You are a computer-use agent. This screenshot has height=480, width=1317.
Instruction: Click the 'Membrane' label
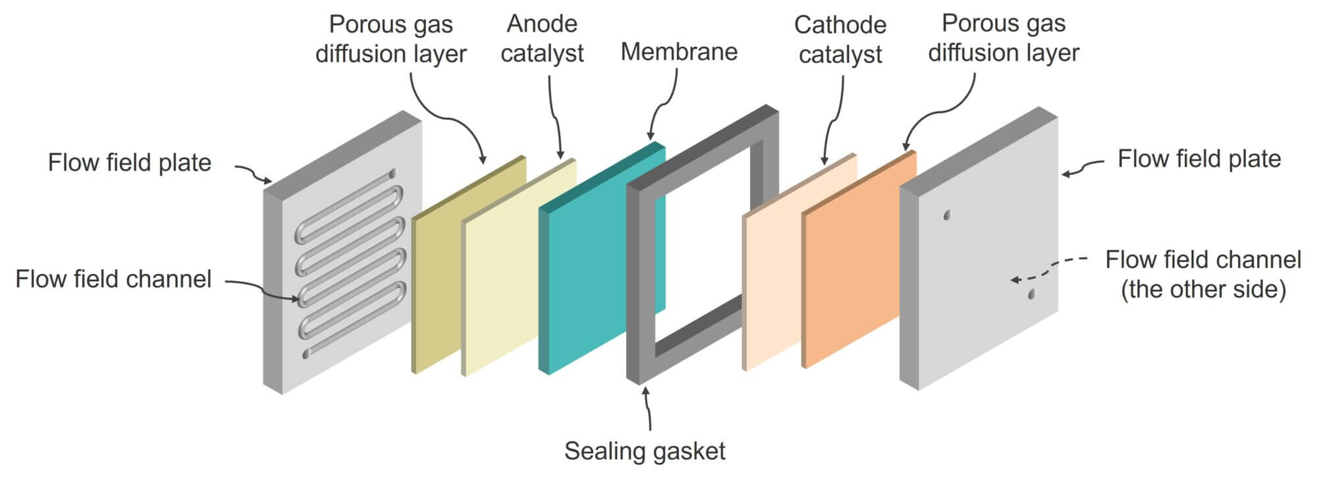coord(679,52)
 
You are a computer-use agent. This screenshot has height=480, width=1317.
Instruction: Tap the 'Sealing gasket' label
coord(645,451)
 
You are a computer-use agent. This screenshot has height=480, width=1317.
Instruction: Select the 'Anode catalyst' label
coord(542,38)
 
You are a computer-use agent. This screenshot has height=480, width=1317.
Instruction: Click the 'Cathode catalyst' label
coord(840,39)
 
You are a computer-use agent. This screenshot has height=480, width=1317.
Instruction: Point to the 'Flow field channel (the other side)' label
coord(1203,274)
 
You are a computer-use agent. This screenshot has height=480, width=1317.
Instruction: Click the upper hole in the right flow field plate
coord(947,215)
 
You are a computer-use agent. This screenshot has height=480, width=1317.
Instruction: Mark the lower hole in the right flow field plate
coord(1031,294)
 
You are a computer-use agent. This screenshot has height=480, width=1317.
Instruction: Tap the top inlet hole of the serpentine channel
coord(393,174)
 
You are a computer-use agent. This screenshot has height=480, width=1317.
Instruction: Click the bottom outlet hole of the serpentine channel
coord(306,354)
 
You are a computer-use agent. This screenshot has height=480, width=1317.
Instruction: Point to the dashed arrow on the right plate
coord(1047,268)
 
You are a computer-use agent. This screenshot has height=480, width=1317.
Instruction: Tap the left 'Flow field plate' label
coord(130,163)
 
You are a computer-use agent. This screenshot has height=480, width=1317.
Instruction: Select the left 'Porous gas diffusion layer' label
coord(390,39)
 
